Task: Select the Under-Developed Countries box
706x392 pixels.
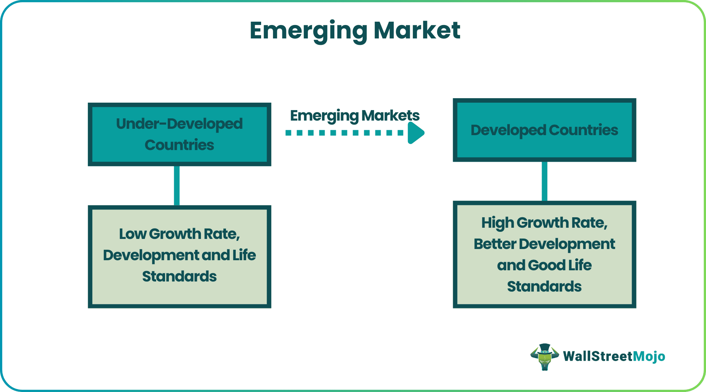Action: pyautogui.click(x=179, y=134)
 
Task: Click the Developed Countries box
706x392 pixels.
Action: pyautogui.click(x=544, y=130)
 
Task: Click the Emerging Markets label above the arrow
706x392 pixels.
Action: pyautogui.click(x=355, y=116)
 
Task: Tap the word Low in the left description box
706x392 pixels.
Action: pyautogui.click(x=133, y=234)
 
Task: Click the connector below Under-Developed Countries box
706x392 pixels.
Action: pyautogui.click(x=177, y=186)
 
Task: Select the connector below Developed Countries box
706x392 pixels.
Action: pyautogui.click(x=544, y=181)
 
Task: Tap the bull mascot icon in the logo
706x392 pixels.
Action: pyautogui.click(x=545, y=357)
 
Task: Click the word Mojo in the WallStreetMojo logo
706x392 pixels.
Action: pyautogui.click(x=649, y=357)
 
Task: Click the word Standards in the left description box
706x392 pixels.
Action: pyautogui.click(x=179, y=277)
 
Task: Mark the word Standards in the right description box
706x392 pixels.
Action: pyautogui.click(x=544, y=287)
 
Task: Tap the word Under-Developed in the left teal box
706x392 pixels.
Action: pyautogui.click(x=179, y=124)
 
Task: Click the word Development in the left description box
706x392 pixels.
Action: pyautogui.click(x=151, y=255)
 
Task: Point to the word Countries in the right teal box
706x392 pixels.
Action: pyautogui.click(x=583, y=130)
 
